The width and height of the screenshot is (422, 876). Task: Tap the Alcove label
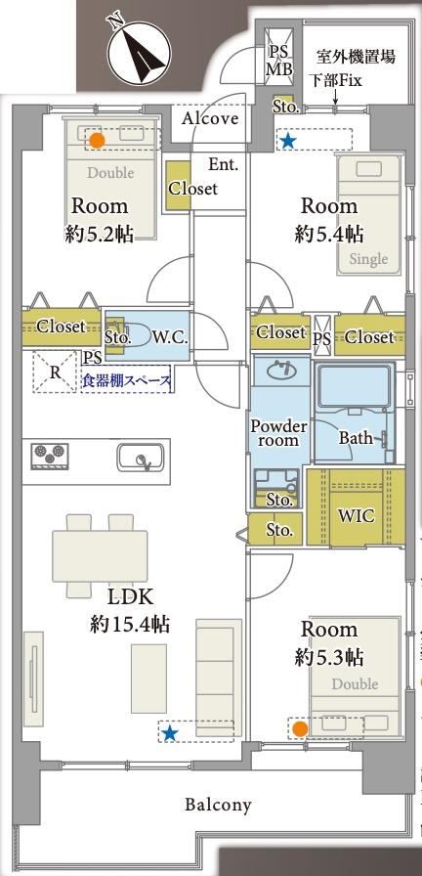pos(210,118)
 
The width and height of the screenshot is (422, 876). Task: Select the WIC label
pos(357,515)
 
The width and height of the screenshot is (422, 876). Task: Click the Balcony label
pos(218,805)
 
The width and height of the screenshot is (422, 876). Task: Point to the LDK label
pos(130,597)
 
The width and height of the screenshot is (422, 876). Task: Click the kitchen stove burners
pos(50,454)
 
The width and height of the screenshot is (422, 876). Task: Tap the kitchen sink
pos(141,457)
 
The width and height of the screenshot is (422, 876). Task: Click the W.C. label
pos(170,337)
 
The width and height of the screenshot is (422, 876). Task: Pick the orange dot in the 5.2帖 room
pos(97,140)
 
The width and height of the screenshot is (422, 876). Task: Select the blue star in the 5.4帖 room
pos(287,141)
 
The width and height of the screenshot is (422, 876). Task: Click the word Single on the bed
pos(368,259)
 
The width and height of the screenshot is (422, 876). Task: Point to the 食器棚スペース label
pos(126,381)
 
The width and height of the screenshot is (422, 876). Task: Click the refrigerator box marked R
pos(55,372)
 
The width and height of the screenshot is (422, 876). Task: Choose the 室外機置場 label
pos(356,57)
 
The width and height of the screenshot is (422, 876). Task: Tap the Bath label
pos(356,437)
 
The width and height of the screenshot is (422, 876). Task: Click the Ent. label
pos(224,165)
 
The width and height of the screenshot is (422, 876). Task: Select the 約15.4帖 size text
pos(130,624)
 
